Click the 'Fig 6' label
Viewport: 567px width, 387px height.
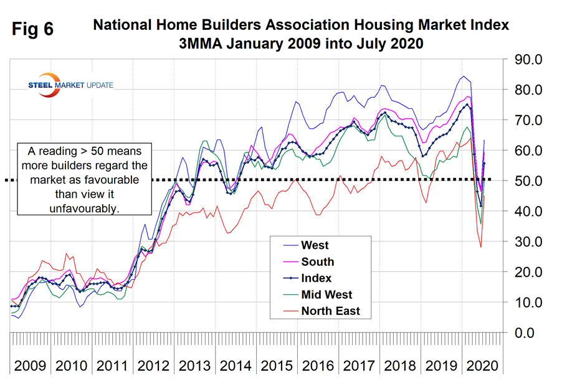click(x=32, y=30)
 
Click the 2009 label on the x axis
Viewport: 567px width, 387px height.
click(x=29, y=365)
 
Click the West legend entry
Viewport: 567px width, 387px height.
click(x=315, y=246)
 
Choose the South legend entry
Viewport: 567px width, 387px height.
click(x=317, y=262)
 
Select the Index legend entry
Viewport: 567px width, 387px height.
click(x=317, y=278)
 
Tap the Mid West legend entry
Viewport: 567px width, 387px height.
click(x=326, y=294)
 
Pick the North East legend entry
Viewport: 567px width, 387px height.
click(x=330, y=310)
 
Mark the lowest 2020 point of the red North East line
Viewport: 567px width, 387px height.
click(x=480, y=247)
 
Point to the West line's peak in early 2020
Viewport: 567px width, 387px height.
click(x=463, y=77)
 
